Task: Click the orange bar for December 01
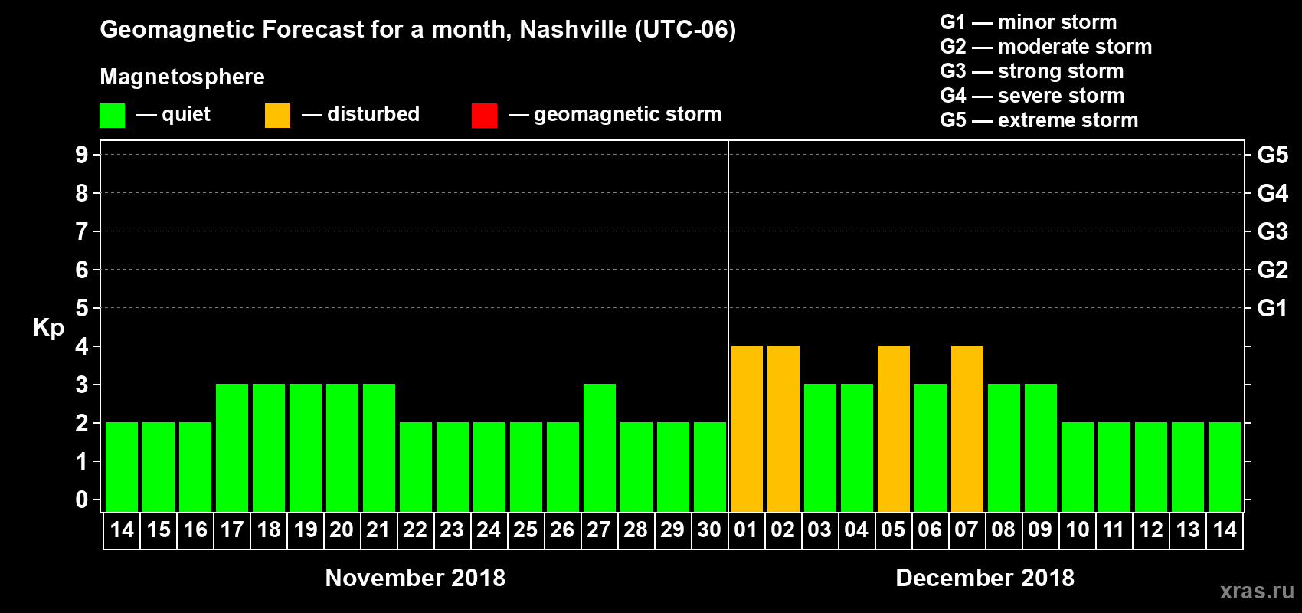pyautogui.click(x=747, y=428)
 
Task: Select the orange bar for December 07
pyautogui.click(x=967, y=428)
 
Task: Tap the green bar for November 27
pyautogui.click(x=600, y=447)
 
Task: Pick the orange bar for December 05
pyautogui.click(x=894, y=428)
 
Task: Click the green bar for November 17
pyautogui.click(x=232, y=447)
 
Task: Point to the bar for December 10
pyautogui.click(x=1078, y=467)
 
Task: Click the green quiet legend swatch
pyautogui.click(x=113, y=116)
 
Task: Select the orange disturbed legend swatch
pyautogui.click(x=277, y=116)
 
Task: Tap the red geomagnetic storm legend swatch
pyautogui.click(x=484, y=116)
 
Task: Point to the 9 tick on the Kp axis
pyautogui.click(x=82, y=155)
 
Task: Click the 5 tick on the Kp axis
pyautogui.click(x=82, y=308)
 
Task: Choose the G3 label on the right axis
pyautogui.click(x=1272, y=231)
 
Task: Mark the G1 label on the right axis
pyautogui.click(x=1272, y=308)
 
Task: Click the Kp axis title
pyautogui.click(x=48, y=328)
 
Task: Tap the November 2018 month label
pyautogui.click(x=415, y=578)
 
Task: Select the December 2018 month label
pyautogui.click(x=985, y=578)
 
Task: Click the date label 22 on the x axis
pyautogui.click(x=415, y=529)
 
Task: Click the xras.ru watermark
pyautogui.click(x=1257, y=591)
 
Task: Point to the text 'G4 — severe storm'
pyautogui.click(x=1032, y=96)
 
